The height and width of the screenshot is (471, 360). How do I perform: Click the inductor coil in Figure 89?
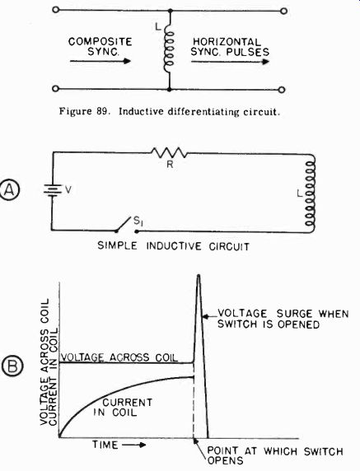(169, 48)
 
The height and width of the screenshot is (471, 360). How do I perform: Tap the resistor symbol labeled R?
(169, 153)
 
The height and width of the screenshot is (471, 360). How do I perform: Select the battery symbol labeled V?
(52, 190)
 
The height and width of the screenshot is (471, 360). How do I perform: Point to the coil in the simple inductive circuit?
(310, 194)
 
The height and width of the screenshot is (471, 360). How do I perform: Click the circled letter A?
(11, 190)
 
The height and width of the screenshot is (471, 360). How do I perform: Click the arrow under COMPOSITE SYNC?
(101, 61)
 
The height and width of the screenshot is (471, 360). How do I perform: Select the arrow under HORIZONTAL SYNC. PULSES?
(230, 62)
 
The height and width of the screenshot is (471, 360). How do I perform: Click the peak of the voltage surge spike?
(199, 275)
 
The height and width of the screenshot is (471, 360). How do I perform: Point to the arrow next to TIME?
(134, 445)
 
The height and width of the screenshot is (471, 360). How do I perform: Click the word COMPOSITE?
(100, 41)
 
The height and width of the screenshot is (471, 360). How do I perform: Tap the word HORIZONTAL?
(227, 42)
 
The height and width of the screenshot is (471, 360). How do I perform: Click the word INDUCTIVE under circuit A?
(174, 246)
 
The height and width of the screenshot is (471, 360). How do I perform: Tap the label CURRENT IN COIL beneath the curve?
(124, 407)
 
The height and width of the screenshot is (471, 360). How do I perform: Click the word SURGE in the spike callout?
(290, 314)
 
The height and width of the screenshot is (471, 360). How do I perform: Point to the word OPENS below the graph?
(226, 460)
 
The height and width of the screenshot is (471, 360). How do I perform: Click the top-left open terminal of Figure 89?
(55, 10)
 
